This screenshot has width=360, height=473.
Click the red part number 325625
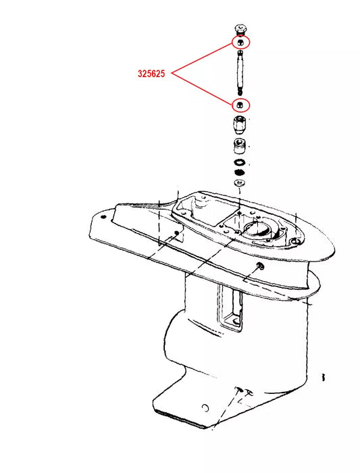151,74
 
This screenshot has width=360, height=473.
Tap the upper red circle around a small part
240,43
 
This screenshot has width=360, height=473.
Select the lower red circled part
240,105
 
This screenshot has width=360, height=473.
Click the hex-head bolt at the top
240,29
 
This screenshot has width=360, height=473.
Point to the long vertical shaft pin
240,73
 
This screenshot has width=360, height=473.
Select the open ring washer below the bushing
239,162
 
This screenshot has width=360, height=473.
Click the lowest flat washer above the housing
239,182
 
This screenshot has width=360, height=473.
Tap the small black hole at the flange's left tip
104,217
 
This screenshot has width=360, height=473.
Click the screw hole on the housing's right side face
259,266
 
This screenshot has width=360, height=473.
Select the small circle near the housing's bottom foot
205,408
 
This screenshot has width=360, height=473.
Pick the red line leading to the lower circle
203,89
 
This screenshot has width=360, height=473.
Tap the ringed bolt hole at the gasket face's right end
295,241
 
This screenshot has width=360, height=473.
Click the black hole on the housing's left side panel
177,232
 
